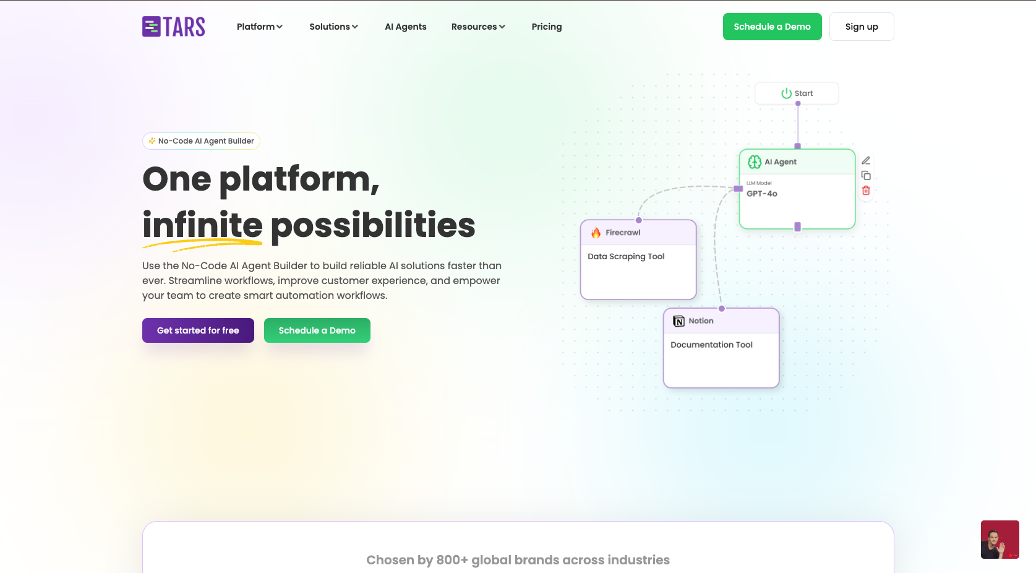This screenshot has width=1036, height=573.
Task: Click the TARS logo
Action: [174, 27]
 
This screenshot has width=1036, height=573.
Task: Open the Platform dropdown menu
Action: [260, 27]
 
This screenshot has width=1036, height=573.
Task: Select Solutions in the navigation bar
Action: [334, 27]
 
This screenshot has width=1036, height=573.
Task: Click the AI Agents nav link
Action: [406, 27]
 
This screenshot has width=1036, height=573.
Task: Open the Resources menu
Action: [478, 27]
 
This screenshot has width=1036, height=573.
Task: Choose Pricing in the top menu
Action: [547, 27]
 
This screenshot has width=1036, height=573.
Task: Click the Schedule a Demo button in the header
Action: [773, 27]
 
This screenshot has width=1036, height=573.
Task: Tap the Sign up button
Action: [862, 27]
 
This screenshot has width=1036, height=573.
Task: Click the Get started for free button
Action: [198, 330]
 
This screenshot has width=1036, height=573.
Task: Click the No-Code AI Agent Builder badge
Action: [201, 141]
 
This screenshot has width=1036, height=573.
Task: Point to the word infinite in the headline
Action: [202, 225]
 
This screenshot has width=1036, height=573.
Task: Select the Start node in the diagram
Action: [797, 93]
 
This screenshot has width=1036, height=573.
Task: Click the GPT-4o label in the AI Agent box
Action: [762, 194]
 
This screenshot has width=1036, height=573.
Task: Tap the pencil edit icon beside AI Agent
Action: [866, 160]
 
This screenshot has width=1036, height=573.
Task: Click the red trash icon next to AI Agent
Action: [866, 191]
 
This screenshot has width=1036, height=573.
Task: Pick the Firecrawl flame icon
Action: [596, 233]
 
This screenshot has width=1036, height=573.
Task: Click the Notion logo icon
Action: [679, 321]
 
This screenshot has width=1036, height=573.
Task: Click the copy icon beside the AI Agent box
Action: [866, 176]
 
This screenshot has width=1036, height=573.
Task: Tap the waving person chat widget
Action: [1000, 540]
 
